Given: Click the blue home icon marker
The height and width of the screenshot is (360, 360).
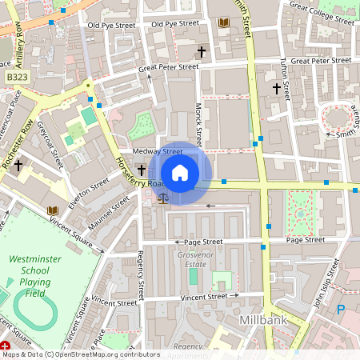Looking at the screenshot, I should click(x=180, y=174).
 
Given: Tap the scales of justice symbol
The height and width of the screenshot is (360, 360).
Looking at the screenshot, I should click(x=164, y=197).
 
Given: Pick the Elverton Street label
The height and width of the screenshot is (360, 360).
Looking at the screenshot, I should click(x=88, y=194).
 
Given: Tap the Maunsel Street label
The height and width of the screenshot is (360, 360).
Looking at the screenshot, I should click(x=108, y=213).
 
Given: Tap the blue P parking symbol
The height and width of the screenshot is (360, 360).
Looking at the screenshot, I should click(x=341, y=310).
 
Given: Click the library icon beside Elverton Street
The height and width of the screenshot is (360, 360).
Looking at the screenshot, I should click(x=53, y=210).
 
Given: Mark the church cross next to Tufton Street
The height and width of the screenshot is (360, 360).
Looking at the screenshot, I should click(x=277, y=88).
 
